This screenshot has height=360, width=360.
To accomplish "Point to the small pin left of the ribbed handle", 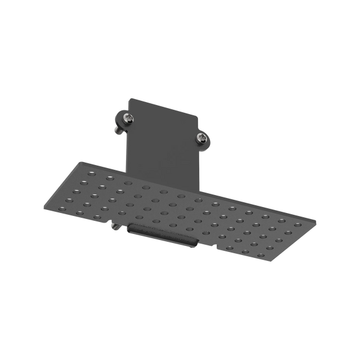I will [114, 226].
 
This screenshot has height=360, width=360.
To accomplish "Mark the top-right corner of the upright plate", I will [200, 115].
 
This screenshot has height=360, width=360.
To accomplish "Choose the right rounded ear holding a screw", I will [203, 139].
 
